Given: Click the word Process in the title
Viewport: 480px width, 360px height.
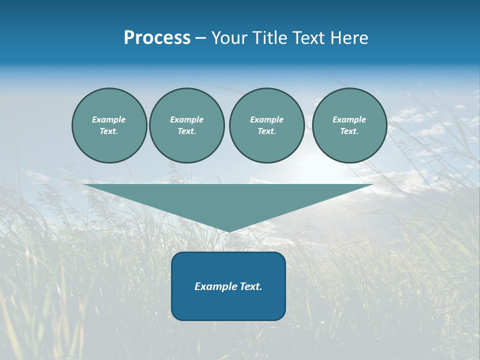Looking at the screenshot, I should tap(157, 38).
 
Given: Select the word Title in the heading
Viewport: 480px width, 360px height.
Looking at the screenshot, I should tap(270, 38).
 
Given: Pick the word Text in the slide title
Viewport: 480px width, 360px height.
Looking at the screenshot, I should tap(308, 38).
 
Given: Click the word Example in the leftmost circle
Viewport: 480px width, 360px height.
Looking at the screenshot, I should tap(109, 119).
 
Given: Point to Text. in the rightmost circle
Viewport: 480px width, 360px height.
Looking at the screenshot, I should tap(349, 131).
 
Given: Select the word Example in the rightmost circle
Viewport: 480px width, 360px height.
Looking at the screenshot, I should tap(349, 119).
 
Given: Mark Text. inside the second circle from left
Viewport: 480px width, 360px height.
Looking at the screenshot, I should tap(186, 131).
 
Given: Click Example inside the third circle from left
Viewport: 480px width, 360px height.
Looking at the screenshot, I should tap(266, 119).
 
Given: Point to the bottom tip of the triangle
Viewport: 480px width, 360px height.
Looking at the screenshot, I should tap(228, 230).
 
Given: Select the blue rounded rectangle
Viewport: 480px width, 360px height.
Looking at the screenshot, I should tap(228, 305).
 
